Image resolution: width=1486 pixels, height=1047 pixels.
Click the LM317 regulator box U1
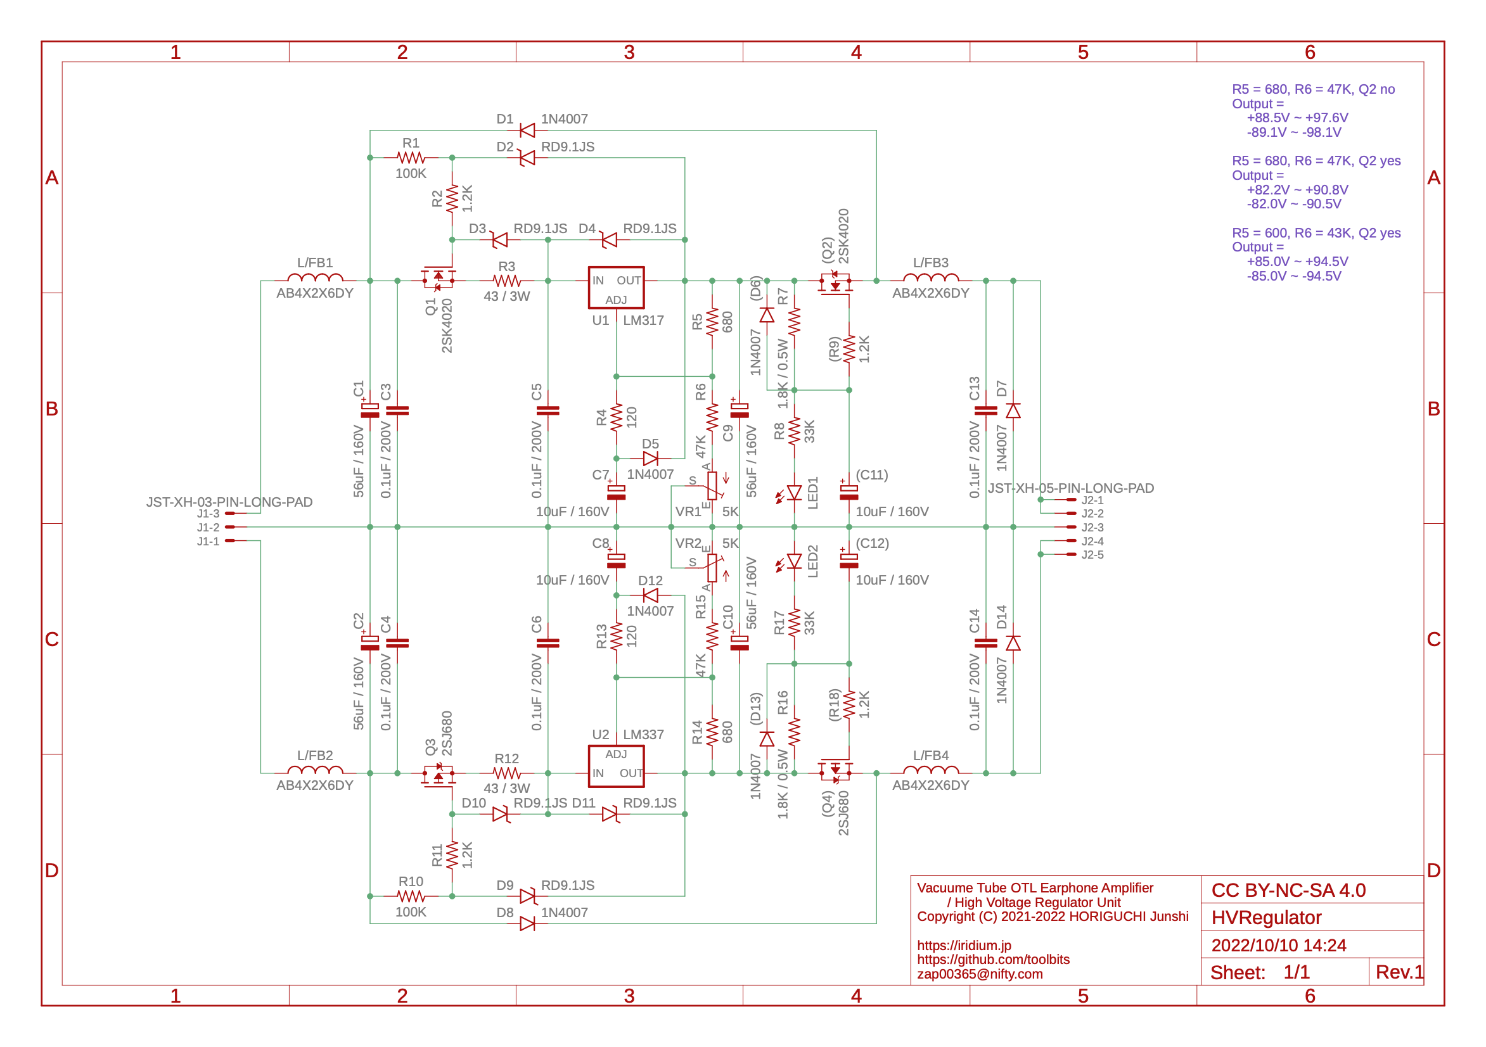(x=615, y=288)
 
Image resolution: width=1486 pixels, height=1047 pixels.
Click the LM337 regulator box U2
(x=615, y=766)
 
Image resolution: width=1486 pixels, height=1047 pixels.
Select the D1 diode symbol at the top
(x=527, y=130)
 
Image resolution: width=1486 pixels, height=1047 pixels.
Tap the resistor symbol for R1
(x=411, y=157)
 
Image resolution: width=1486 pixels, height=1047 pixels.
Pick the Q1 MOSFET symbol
(x=438, y=279)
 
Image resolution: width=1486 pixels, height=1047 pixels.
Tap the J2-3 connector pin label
(x=1092, y=528)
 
